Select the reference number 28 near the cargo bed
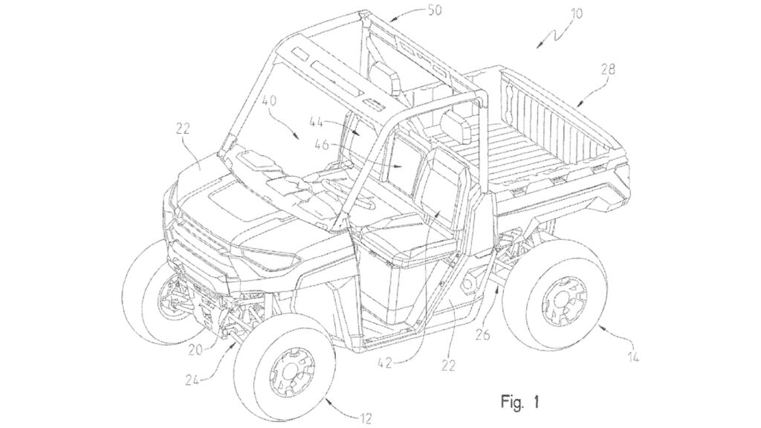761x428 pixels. (609, 69)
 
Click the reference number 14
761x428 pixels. (632, 357)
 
